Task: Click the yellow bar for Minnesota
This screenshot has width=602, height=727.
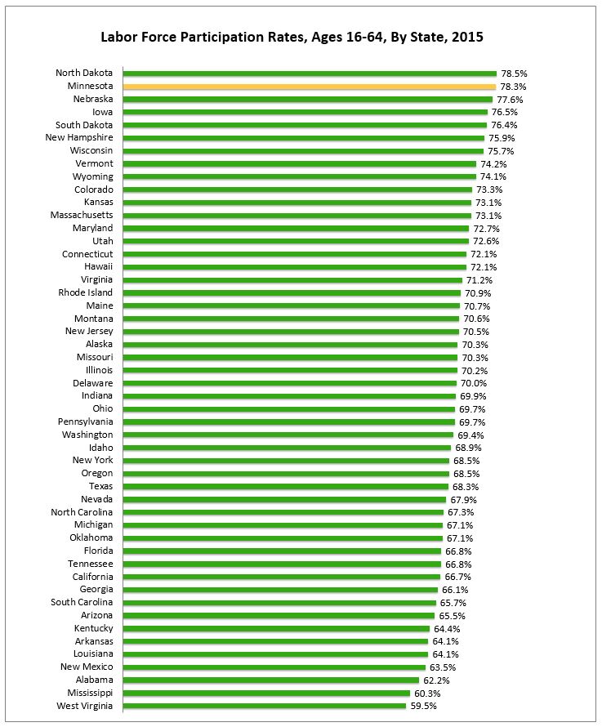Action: (x=310, y=87)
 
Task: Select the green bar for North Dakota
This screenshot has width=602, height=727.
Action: (x=310, y=74)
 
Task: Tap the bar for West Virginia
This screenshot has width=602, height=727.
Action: (x=265, y=706)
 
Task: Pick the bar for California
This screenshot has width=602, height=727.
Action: (x=282, y=577)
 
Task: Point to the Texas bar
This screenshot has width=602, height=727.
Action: (x=286, y=486)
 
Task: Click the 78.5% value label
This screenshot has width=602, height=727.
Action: (x=514, y=74)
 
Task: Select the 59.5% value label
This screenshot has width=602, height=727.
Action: (x=423, y=706)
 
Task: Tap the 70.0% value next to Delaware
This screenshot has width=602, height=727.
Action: (x=473, y=383)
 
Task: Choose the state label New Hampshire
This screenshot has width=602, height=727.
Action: (x=79, y=138)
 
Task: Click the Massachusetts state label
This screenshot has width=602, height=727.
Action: (x=82, y=215)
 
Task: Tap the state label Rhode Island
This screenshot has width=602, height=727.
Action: (x=86, y=292)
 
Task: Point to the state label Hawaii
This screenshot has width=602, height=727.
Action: (x=98, y=267)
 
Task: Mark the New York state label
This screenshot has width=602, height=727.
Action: (x=93, y=460)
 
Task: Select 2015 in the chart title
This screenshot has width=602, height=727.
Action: (x=466, y=37)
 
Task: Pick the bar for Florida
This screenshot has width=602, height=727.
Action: (x=282, y=551)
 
